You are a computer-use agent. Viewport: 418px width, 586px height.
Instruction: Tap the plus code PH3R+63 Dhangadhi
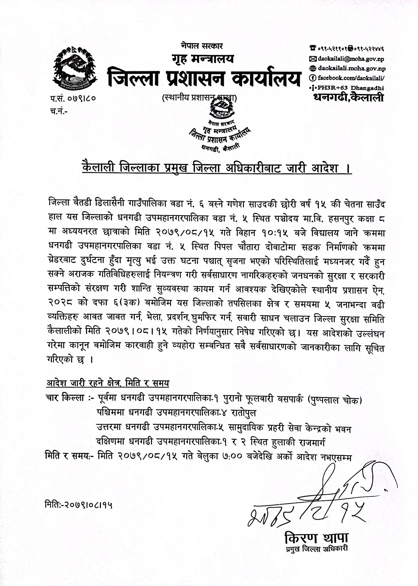[350, 88]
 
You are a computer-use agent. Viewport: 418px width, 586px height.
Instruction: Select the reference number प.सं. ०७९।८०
[73, 98]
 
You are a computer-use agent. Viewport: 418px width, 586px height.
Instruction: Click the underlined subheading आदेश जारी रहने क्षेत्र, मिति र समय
[108, 383]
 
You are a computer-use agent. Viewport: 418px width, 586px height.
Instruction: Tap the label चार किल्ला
[65, 398]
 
